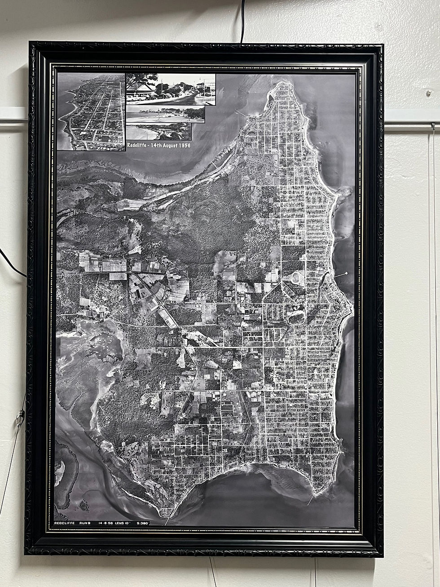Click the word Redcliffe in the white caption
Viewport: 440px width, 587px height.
(x=138, y=146)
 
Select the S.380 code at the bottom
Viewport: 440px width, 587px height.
(x=143, y=523)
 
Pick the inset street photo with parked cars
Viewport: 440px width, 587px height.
(x=171, y=89)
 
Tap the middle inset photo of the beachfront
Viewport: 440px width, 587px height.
(x=165, y=114)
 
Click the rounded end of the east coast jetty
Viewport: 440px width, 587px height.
(x=346, y=273)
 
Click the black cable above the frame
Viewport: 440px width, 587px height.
(x=243, y=20)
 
